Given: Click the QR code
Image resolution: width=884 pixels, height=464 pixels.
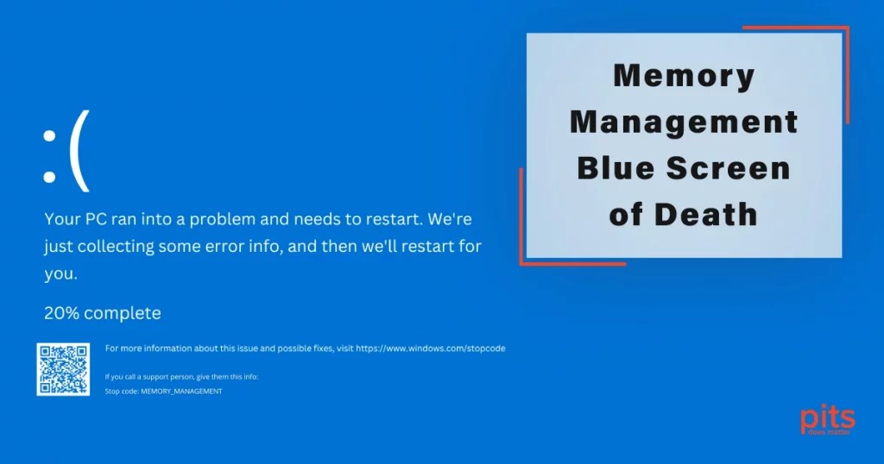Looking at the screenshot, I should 63,369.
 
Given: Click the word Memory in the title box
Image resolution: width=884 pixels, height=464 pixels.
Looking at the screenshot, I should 684,77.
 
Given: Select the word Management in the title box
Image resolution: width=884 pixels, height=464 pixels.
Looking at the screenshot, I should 684,122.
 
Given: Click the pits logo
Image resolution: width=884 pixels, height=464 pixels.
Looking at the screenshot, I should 827,422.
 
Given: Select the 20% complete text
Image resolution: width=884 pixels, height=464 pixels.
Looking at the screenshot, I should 103,312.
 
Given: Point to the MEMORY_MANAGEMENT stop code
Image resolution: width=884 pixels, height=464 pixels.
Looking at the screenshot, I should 181,391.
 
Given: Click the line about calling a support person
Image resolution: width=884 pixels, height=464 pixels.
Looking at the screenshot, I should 181,377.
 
